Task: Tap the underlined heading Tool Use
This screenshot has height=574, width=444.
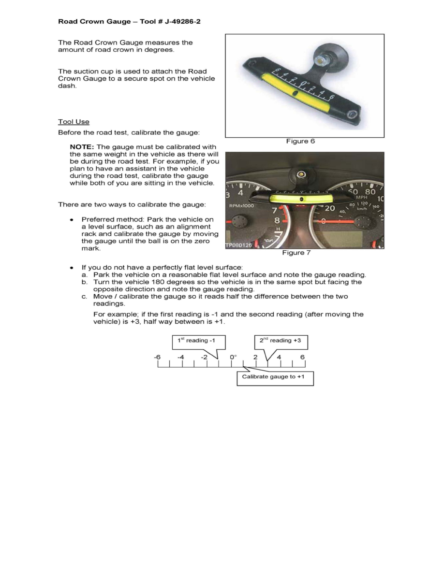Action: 74,121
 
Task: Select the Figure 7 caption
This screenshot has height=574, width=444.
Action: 296,253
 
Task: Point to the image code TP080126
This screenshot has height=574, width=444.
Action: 238,245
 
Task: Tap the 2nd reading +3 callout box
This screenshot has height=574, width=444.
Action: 281,341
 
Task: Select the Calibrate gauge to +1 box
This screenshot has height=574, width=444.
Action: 275,377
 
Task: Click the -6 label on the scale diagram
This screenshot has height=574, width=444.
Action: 157,357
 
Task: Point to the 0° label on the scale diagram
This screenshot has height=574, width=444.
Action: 233,357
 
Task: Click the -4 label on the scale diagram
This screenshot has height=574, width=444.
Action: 180,357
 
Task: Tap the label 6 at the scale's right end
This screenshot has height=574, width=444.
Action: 303,357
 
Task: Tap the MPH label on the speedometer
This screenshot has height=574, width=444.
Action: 361,197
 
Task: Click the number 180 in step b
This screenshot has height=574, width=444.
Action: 158,282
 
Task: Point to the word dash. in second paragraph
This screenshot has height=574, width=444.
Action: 67,86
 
